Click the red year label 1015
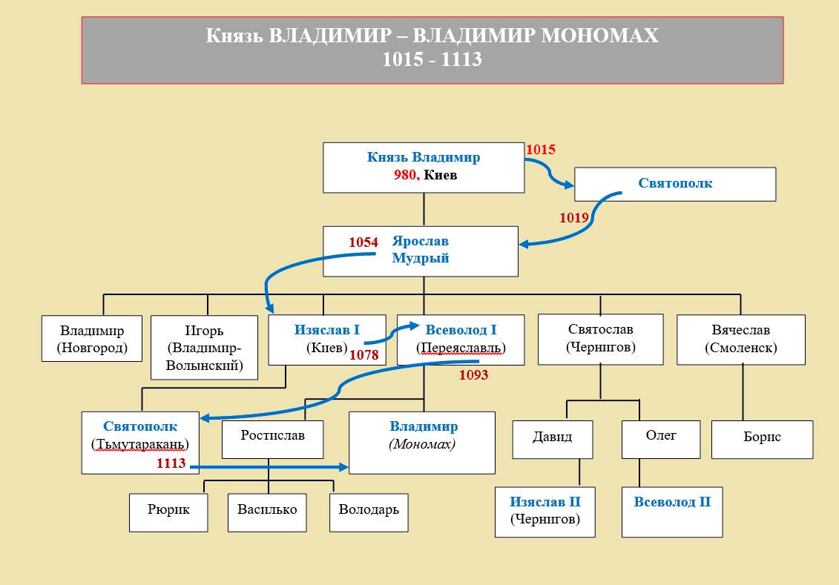(x=540, y=150)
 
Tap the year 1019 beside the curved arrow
(x=574, y=218)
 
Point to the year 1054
(x=363, y=242)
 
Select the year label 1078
(x=364, y=355)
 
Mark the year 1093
(x=473, y=375)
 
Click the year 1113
(x=171, y=463)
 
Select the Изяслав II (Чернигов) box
(x=544, y=510)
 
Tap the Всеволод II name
(x=672, y=502)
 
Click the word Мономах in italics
(x=422, y=445)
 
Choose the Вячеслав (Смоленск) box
(x=740, y=339)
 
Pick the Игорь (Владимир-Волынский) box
(x=204, y=347)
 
